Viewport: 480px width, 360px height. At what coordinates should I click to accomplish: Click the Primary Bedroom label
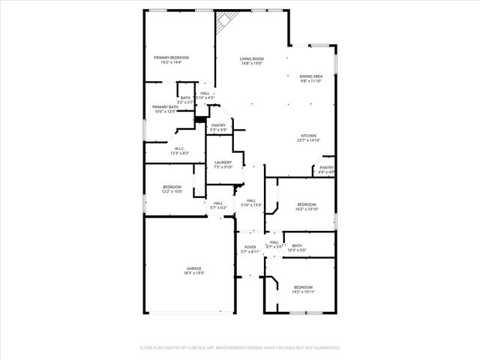pos(171,58)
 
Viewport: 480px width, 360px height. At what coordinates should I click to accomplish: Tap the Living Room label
pos(251,58)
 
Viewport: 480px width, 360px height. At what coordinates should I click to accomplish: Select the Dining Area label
pos(311,76)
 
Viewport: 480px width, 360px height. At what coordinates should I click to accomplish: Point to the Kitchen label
pos(308,136)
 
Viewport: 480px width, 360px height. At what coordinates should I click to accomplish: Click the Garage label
pos(194,268)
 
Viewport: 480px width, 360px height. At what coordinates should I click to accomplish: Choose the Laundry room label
pos(223,162)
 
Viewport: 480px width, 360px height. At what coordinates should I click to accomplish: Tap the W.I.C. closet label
pos(180,148)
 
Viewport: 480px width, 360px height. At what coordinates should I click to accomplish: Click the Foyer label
pos(250,247)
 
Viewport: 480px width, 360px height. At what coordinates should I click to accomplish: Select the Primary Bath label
pos(165,107)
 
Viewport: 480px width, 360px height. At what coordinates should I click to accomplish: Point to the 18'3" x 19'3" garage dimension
pos(194,273)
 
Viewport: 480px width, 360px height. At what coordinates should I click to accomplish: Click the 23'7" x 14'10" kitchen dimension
pos(308,140)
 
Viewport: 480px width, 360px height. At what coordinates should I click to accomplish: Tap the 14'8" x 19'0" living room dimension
pos(251,63)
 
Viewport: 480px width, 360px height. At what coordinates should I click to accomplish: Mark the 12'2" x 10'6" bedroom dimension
pos(172,191)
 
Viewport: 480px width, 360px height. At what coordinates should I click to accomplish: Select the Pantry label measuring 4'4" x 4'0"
pos(326,167)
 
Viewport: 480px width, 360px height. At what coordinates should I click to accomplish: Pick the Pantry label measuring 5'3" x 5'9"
pos(218,125)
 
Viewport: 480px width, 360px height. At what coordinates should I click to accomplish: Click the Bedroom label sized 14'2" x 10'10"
pos(306,205)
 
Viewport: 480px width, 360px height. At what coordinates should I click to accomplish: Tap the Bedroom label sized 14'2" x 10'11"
pos(303,287)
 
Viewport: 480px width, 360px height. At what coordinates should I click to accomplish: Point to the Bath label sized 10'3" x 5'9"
pos(297,245)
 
